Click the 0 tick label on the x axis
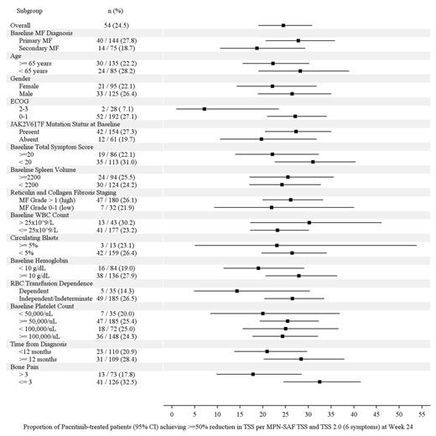pyautogui.click(x=172, y=414)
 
